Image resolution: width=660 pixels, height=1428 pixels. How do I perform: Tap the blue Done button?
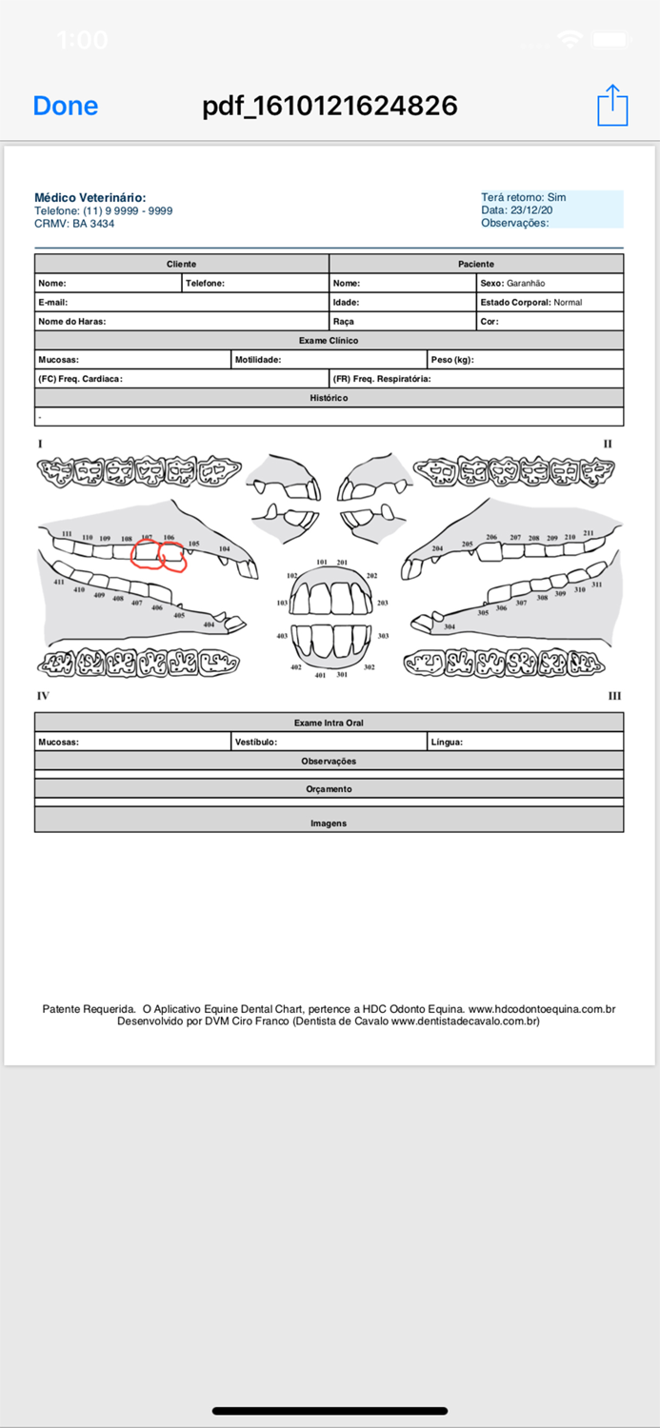[x=65, y=106]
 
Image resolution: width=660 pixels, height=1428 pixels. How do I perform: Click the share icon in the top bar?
[x=612, y=105]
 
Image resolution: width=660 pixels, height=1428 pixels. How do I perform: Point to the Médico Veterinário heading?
[x=90, y=198]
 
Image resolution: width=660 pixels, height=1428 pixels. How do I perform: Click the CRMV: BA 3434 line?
[x=74, y=224]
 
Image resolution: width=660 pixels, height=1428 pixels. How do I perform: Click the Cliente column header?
[x=182, y=264]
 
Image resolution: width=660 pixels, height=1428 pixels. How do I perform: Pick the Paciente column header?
[x=476, y=264]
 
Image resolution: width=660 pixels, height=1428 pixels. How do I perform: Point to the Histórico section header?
[x=329, y=398]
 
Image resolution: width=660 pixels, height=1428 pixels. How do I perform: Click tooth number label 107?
[x=147, y=538]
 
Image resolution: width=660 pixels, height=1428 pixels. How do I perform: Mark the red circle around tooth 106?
[x=172, y=558]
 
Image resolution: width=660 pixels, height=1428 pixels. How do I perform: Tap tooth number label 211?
[x=589, y=534]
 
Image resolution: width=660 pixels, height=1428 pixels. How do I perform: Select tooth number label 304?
[x=450, y=626]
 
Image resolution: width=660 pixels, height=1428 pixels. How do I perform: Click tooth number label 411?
[x=59, y=582]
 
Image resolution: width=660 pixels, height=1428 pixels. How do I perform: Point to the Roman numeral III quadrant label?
[x=614, y=696]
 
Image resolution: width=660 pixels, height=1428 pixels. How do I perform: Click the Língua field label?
[x=447, y=742]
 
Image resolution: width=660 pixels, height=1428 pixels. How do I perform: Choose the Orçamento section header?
[x=329, y=789]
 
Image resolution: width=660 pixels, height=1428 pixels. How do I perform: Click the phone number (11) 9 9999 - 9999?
[x=128, y=211]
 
